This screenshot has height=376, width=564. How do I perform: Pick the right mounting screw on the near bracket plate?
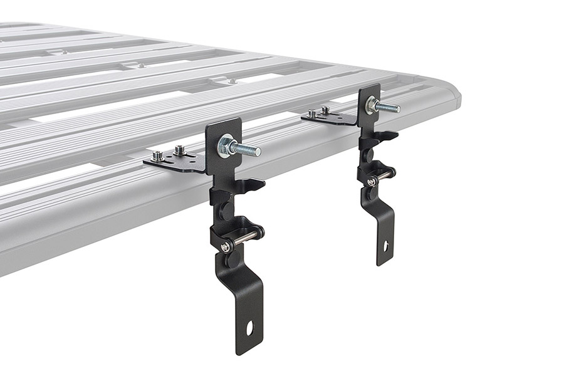pos(180,150)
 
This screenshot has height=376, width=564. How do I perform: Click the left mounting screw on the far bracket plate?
pos(311,113)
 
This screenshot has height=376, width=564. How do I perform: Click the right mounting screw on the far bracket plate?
pos(326,110)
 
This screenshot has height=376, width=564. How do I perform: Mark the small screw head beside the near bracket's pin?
pos(225,247)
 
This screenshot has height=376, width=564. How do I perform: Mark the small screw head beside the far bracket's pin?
pos(372,182)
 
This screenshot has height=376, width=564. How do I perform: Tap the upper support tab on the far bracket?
pos(388,135)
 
